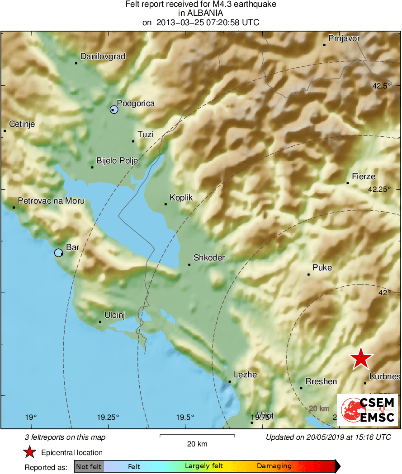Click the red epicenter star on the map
[x=361, y=358]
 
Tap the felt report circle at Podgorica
[x=114, y=109]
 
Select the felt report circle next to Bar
[x=58, y=253]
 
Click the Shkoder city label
[x=209, y=258]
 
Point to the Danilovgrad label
[x=103, y=56]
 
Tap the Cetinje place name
[x=22, y=124]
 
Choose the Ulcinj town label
[x=114, y=315]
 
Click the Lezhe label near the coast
[x=245, y=375]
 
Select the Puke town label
[x=322, y=267]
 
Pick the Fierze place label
[x=364, y=177]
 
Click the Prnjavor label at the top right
[x=344, y=38]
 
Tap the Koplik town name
[x=181, y=198]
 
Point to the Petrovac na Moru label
[x=51, y=201]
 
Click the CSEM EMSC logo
[x=368, y=409]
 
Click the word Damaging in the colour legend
[x=274, y=466]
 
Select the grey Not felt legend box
[x=89, y=466]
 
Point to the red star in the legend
[x=30, y=452]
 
